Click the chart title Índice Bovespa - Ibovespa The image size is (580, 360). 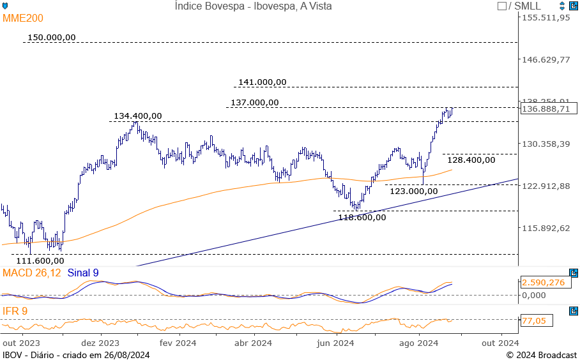point(253,6)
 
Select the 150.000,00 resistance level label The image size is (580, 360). point(52,38)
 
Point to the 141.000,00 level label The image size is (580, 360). point(263,82)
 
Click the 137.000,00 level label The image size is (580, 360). point(255,103)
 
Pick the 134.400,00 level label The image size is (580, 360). point(138,116)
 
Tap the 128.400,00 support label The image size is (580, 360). point(471,160)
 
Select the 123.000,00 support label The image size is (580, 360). point(414,191)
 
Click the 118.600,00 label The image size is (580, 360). point(362,217)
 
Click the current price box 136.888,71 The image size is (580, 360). point(546,109)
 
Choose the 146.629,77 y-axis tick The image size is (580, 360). point(546,60)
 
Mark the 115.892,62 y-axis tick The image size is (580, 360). point(546,229)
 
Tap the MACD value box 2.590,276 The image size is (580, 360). point(543,283)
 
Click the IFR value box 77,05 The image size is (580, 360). point(534,321)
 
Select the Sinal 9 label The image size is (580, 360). point(83,273)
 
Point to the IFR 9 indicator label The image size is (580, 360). point(15,311)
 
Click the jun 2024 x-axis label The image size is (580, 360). point(336,343)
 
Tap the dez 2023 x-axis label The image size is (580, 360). point(100,343)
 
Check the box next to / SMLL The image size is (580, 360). point(502,6)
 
